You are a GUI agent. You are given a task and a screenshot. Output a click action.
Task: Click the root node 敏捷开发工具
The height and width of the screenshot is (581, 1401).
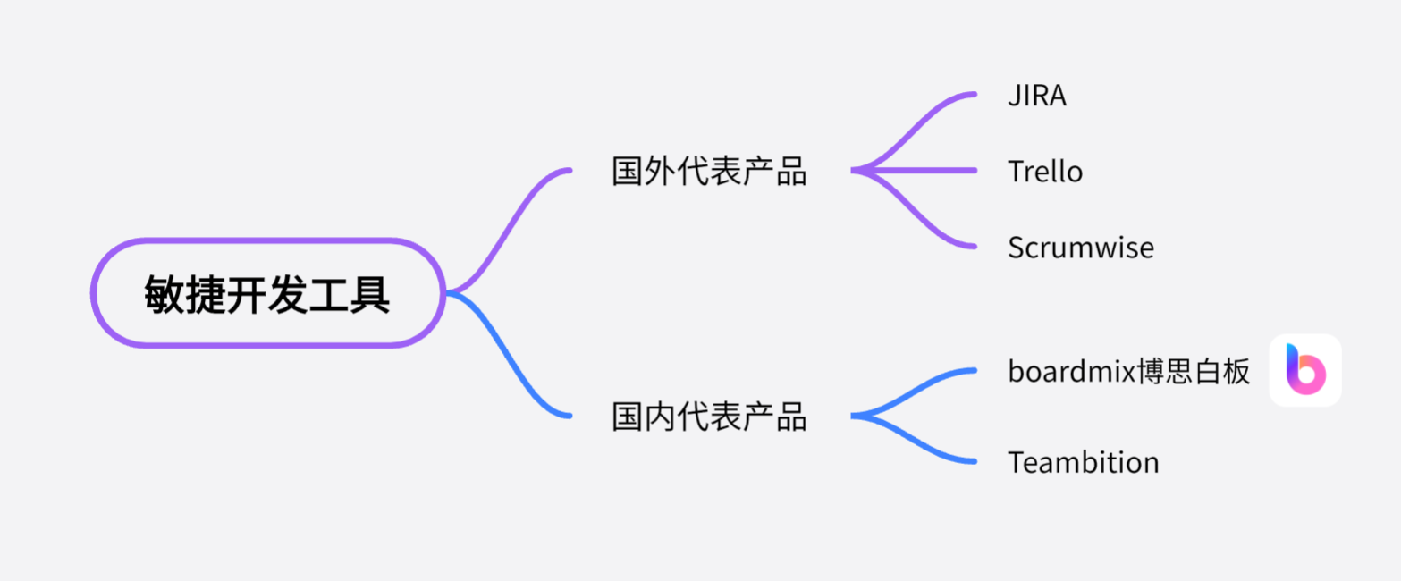click(x=267, y=293)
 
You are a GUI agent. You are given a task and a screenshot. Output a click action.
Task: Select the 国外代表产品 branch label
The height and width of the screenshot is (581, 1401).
click(x=709, y=171)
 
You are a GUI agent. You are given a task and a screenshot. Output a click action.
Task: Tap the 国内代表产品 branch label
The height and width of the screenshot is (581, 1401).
click(x=709, y=417)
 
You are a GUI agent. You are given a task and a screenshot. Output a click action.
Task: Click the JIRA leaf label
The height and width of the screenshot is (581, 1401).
click(x=1037, y=96)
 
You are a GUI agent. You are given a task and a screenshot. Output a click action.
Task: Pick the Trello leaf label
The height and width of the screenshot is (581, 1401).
click(x=1045, y=171)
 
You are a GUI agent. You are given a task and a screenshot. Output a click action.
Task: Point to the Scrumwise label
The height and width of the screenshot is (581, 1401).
click(x=1080, y=248)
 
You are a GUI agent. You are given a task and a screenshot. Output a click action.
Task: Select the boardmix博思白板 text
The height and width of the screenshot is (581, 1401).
click(x=1128, y=370)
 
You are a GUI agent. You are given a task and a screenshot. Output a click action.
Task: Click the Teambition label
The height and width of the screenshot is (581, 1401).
click(x=1083, y=462)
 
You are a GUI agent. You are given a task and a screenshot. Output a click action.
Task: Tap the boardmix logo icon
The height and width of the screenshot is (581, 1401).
click(x=1305, y=370)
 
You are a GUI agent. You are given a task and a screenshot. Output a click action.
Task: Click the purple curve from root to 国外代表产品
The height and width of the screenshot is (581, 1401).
click(x=510, y=223)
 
